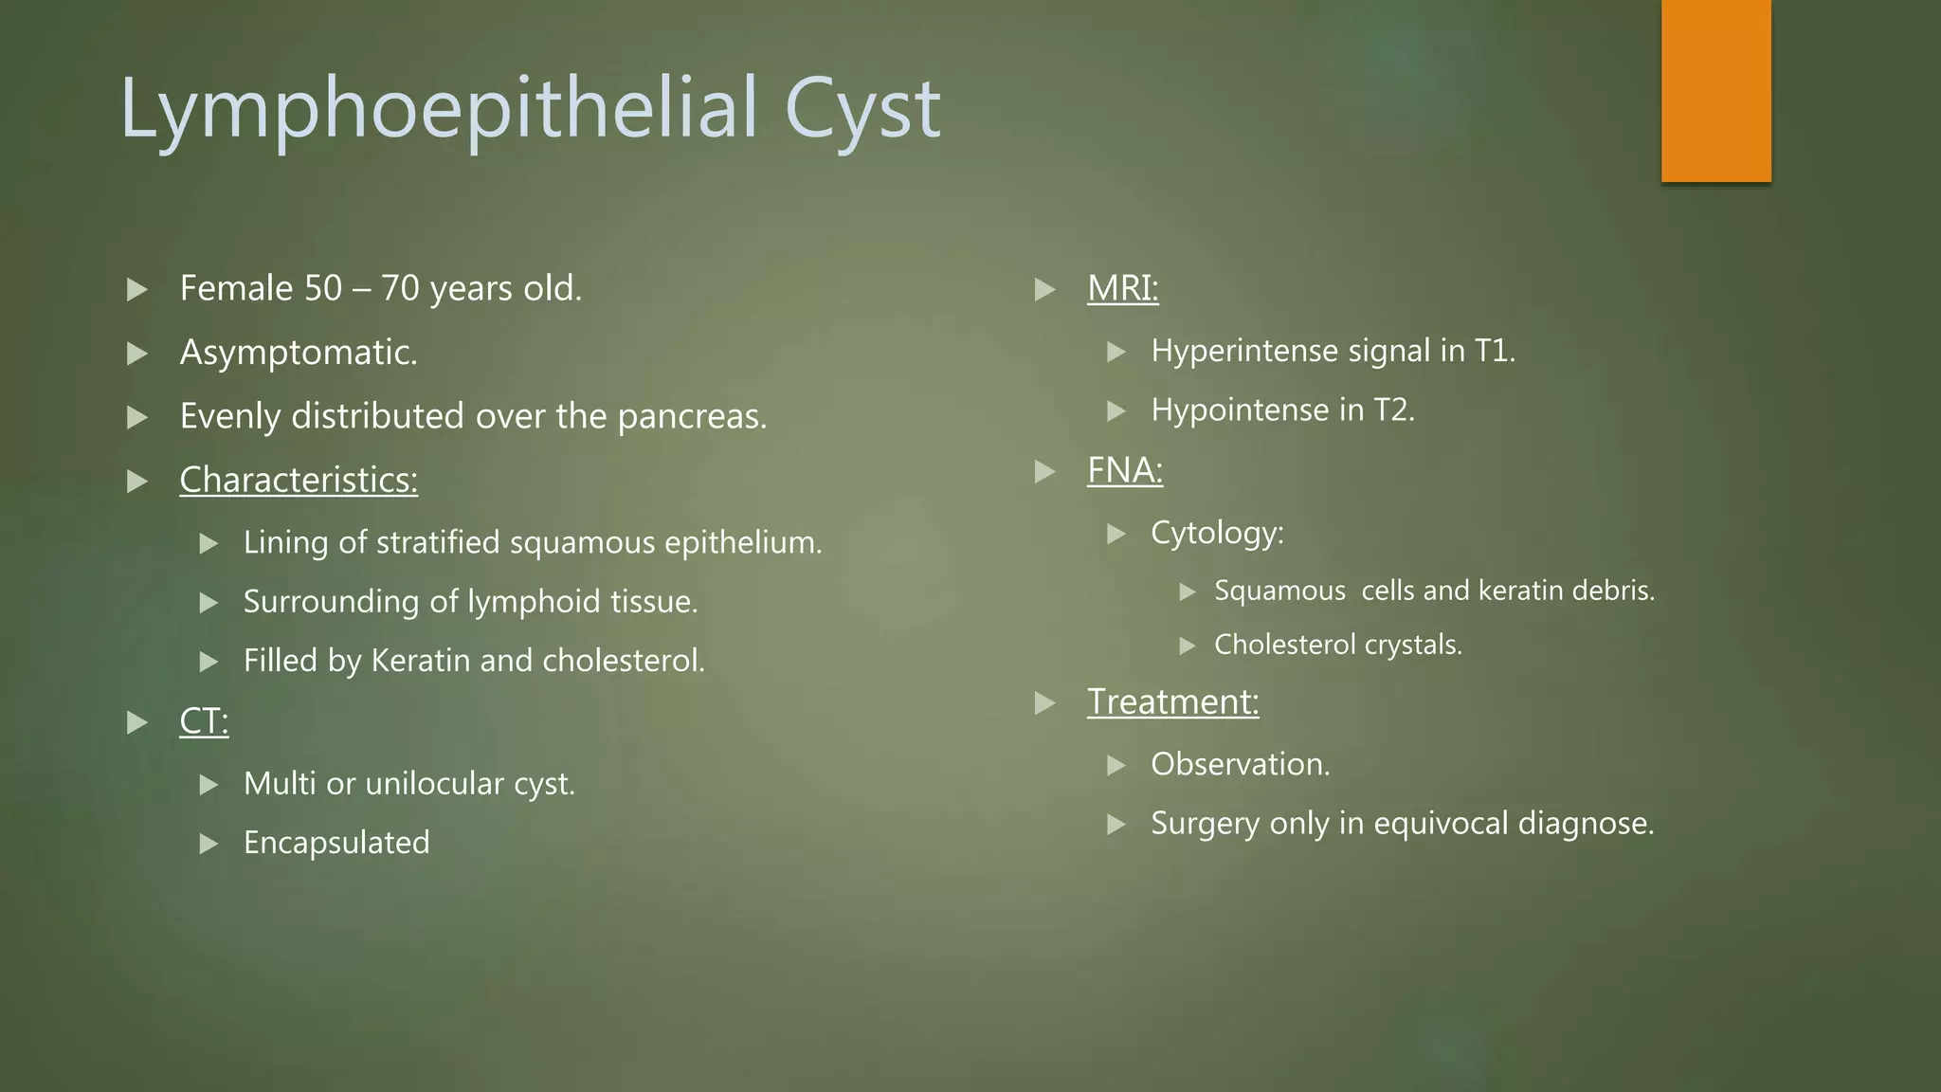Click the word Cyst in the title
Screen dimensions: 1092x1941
862,109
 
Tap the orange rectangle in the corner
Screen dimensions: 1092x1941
1715,91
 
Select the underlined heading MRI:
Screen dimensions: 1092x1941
1122,288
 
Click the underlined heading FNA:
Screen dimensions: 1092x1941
1124,470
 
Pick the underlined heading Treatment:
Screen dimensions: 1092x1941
1172,702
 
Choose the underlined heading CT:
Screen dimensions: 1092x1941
204,722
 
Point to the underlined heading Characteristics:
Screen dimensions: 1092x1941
299,481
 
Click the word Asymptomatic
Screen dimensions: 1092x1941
299,353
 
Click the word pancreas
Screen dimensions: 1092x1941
691,417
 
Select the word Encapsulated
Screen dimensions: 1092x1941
336,843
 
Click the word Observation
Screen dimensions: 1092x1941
1240,764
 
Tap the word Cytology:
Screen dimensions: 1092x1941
1217,533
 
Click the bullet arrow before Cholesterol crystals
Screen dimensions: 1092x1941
1188,646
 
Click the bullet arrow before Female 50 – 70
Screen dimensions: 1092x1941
137,289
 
